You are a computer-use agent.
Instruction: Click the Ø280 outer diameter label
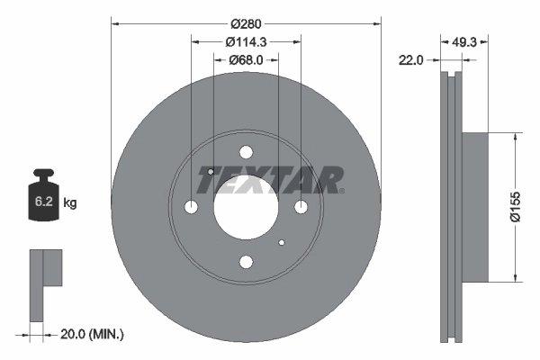click(x=246, y=22)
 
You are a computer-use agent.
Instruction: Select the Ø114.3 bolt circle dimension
click(x=246, y=41)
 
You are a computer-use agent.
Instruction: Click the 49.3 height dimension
click(x=464, y=41)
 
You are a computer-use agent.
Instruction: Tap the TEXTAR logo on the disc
click(x=271, y=180)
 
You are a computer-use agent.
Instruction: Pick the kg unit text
click(x=69, y=203)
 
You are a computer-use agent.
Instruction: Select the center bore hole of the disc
click(x=246, y=208)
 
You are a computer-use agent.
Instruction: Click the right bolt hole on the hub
click(x=301, y=208)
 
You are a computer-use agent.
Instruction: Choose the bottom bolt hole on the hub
click(x=246, y=262)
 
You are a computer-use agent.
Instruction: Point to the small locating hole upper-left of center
click(x=210, y=171)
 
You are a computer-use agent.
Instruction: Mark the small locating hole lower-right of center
click(x=282, y=243)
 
